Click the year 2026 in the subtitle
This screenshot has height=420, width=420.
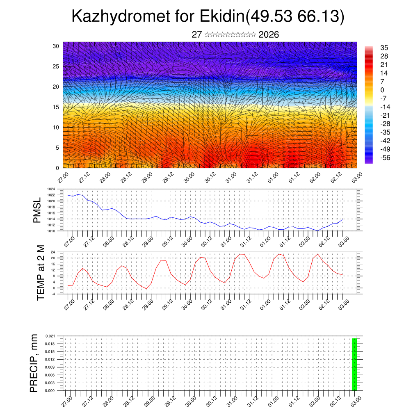(269, 35)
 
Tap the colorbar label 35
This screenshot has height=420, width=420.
(384, 48)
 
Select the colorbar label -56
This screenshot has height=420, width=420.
(386, 157)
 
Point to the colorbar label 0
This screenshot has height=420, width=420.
(382, 90)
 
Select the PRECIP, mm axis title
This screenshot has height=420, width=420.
(34, 363)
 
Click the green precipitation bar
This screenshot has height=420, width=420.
(354, 364)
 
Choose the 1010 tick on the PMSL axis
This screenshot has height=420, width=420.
(51, 231)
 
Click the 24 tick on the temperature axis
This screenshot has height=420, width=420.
(53, 252)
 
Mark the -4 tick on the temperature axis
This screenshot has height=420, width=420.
(53, 294)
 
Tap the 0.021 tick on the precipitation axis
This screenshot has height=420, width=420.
(50, 336)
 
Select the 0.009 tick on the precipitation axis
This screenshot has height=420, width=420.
(50, 367)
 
